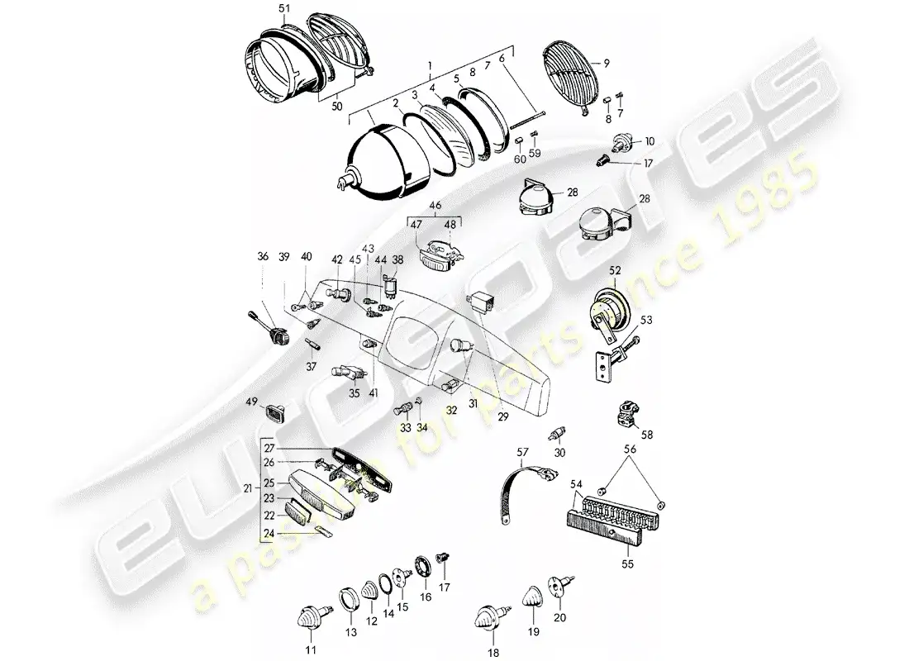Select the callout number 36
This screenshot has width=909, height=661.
click(263, 257)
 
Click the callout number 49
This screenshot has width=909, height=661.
click(250, 401)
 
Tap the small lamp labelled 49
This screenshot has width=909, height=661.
click(276, 411)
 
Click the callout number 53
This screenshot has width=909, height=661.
click(646, 320)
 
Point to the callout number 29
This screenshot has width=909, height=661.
click(502, 417)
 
